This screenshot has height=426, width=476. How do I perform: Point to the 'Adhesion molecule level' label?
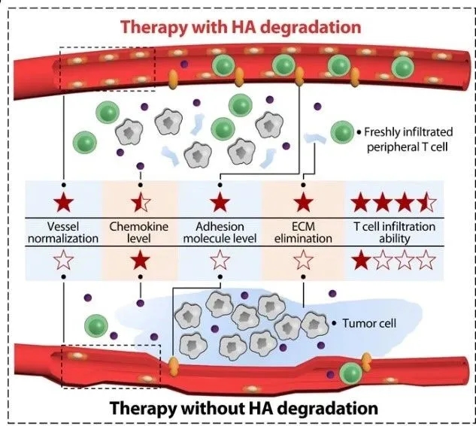coord(220,232)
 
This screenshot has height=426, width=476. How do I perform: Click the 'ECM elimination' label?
coord(303,232)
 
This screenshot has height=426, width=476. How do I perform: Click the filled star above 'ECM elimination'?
coord(303,202)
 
